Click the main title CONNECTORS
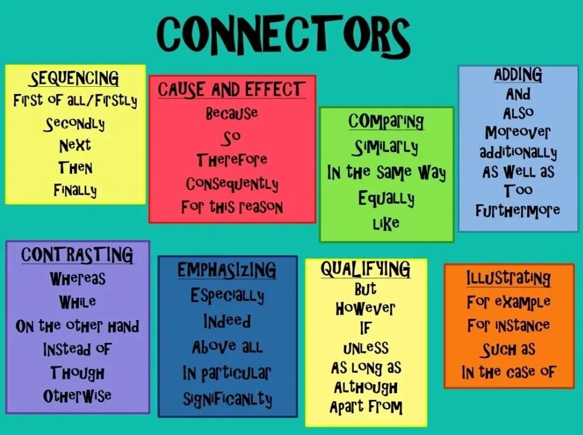click(x=283, y=35)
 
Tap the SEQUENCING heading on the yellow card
click(x=74, y=78)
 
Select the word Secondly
click(x=74, y=124)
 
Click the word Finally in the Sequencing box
click(x=75, y=190)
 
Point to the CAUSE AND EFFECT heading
click(x=231, y=90)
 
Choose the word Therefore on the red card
click(x=232, y=160)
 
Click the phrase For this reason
click(x=232, y=207)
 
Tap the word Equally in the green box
click(x=386, y=198)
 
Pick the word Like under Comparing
click(x=386, y=222)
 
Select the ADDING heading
click(x=518, y=75)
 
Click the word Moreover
click(x=518, y=133)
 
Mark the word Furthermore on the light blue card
click(x=518, y=210)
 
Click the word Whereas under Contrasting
click(x=77, y=278)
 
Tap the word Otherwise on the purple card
click(x=77, y=396)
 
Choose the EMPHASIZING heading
click(x=227, y=270)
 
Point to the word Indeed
click(x=227, y=322)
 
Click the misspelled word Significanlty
click(x=227, y=399)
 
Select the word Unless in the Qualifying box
click(x=366, y=348)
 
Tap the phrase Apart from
click(x=366, y=407)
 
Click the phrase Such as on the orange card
click(x=509, y=349)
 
